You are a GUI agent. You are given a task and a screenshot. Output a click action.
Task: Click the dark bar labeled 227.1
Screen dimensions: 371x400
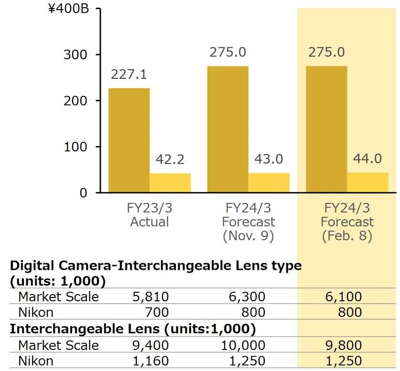click(129, 140)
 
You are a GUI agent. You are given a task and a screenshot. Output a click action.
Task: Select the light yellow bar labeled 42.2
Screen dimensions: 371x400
click(170, 183)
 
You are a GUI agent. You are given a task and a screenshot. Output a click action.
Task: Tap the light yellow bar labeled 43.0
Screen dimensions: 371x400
click(269, 183)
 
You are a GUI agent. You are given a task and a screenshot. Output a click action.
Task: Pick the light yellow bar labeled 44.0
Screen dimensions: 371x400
click(368, 182)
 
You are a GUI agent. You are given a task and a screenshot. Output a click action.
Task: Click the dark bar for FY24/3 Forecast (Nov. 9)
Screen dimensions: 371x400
click(228, 129)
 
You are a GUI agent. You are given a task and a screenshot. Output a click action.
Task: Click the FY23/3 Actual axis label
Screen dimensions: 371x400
click(150, 215)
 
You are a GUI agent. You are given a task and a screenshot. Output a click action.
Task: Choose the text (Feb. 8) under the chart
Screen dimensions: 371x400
click(347, 235)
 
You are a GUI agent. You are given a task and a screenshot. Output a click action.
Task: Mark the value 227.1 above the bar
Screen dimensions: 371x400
click(129, 75)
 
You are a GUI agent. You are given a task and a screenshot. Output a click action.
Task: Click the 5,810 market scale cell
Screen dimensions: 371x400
click(151, 297)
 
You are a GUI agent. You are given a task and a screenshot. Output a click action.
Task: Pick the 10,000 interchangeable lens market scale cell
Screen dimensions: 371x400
click(243, 345)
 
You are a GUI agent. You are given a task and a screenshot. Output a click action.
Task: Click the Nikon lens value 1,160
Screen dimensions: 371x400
click(151, 361)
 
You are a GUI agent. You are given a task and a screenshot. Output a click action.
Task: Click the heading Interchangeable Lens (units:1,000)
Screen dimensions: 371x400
click(133, 329)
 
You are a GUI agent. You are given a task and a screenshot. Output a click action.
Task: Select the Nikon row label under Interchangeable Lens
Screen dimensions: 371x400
click(36, 361)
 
